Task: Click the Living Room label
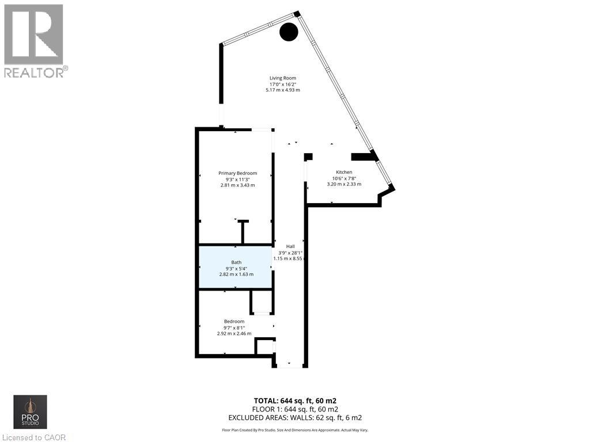[x=282, y=78]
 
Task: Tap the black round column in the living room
[x=289, y=32]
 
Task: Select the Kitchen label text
[x=344, y=172]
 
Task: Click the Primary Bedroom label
[x=237, y=173]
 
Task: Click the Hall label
[x=290, y=246]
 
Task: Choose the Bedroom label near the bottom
[x=234, y=321]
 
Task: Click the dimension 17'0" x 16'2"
[x=282, y=84]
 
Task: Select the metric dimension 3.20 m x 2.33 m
[x=344, y=184]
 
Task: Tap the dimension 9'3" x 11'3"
[x=237, y=179]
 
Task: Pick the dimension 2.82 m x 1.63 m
[x=236, y=274]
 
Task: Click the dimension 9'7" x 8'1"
[x=234, y=327]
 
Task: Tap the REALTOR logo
[x=35, y=40]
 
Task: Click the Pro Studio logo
[x=31, y=412]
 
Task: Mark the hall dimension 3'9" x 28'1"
[x=290, y=253]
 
